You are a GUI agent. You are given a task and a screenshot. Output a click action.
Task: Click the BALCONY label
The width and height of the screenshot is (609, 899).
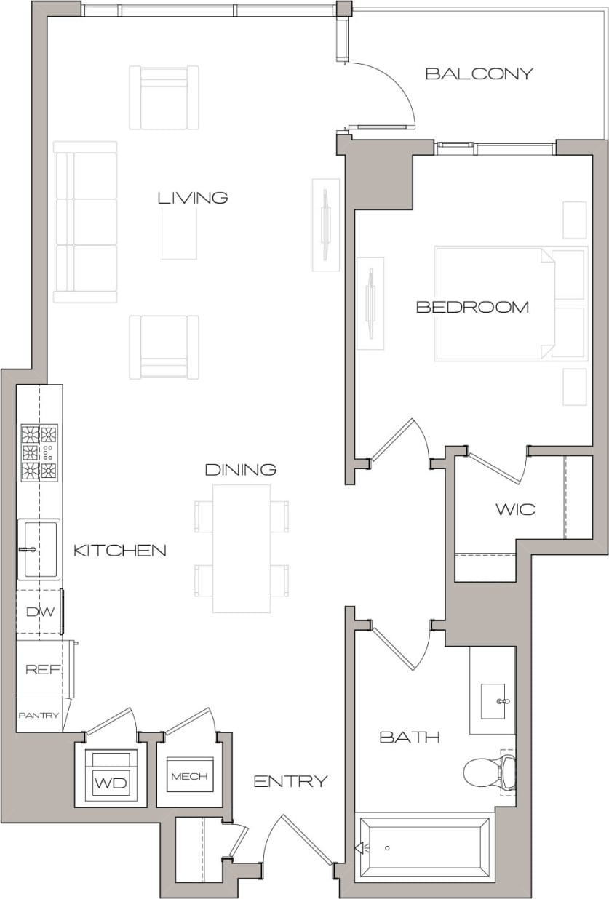(x=479, y=73)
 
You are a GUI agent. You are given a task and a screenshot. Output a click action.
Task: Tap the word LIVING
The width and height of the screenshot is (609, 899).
(x=193, y=198)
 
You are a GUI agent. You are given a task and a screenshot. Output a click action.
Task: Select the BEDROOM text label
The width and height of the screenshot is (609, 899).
(x=471, y=307)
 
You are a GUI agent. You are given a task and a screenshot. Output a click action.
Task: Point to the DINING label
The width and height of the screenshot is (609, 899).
(x=240, y=470)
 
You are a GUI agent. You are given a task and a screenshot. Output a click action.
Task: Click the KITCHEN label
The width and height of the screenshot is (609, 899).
(x=119, y=551)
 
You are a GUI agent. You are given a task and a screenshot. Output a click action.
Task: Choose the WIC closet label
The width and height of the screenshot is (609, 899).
(x=515, y=509)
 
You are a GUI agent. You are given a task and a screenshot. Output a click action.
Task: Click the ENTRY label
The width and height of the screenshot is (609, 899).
(x=290, y=782)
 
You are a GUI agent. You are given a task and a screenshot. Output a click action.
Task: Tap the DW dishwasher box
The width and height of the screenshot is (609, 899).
(x=40, y=612)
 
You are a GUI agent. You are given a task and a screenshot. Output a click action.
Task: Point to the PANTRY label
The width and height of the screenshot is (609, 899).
(x=39, y=716)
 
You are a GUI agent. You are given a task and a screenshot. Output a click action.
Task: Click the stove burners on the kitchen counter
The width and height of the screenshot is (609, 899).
(x=39, y=452)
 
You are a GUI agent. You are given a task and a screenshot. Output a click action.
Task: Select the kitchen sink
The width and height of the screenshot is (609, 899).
(x=39, y=548)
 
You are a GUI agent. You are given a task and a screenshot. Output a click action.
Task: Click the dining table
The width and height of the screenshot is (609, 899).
(x=242, y=548)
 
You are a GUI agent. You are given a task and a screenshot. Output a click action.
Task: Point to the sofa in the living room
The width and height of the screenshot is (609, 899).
(x=85, y=222)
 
